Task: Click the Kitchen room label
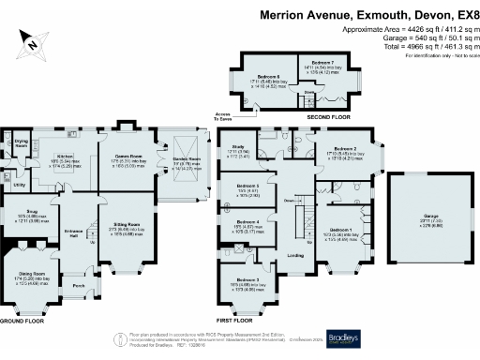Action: click(x=65, y=157)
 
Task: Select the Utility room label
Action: click(x=19, y=185)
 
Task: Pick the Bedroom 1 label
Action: click(x=342, y=230)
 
